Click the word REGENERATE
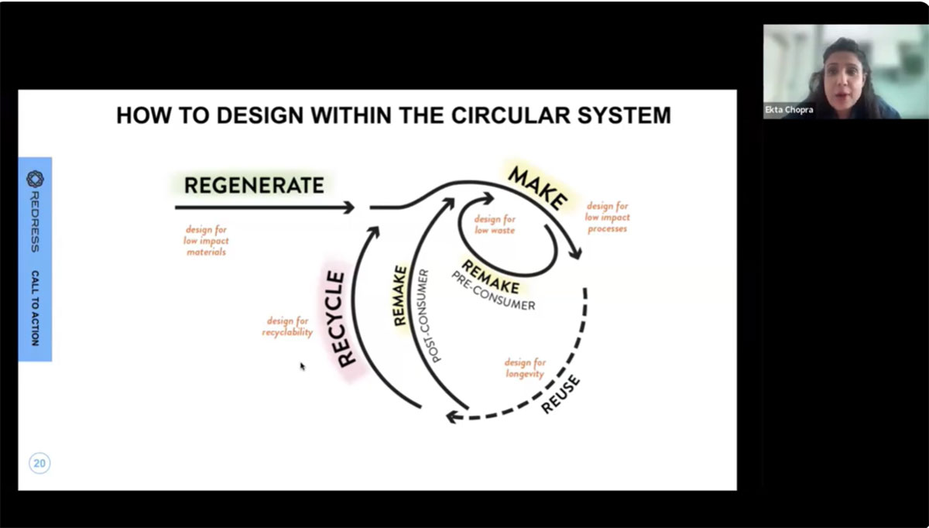(x=254, y=185)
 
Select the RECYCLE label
(x=341, y=318)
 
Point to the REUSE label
(x=561, y=394)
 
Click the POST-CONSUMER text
(x=428, y=316)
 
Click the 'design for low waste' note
(x=494, y=225)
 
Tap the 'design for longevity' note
(x=525, y=368)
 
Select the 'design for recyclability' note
(x=287, y=326)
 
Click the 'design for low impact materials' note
(x=206, y=241)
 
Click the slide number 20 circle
(x=39, y=464)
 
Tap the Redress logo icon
(x=35, y=180)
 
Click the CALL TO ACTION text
(x=36, y=308)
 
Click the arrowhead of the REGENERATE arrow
(x=349, y=207)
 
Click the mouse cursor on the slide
(x=302, y=365)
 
